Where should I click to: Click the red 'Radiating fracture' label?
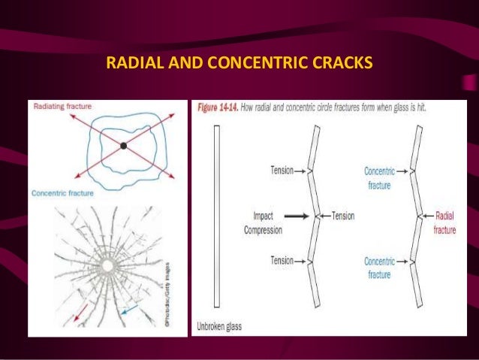click(62, 107)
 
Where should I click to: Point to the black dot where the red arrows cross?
click(123, 144)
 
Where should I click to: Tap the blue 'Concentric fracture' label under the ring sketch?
click(63, 193)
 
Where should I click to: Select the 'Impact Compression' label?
click(263, 222)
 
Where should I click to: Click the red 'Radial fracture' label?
click(444, 222)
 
